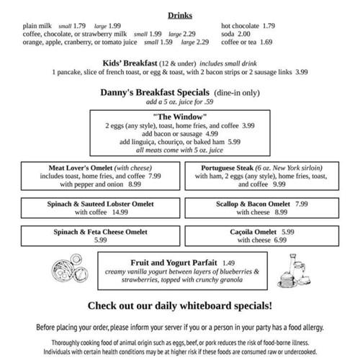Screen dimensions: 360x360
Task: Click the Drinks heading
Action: point(180,15)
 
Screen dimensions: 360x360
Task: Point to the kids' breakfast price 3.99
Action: point(301,73)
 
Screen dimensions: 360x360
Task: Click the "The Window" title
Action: point(180,116)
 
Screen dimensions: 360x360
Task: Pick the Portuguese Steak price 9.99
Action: point(279,184)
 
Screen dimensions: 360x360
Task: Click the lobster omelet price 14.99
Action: point(120,212)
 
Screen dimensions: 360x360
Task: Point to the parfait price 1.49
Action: point(229,262)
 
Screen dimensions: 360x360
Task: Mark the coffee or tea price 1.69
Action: point(265,42)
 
